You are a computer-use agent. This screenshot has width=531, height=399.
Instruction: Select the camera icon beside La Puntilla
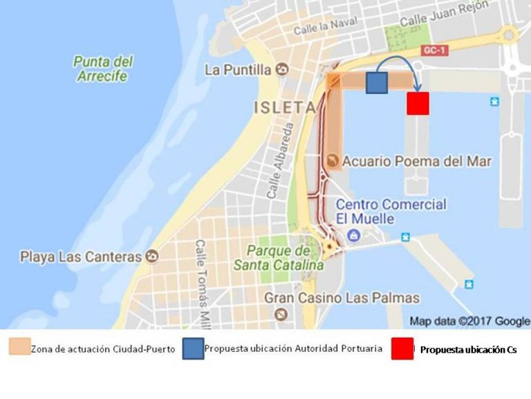[281, 69]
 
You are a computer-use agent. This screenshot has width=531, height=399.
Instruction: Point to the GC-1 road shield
[433, 50]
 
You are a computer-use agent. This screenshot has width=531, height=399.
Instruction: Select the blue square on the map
[376, 83]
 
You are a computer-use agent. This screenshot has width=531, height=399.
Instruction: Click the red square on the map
[418, 103]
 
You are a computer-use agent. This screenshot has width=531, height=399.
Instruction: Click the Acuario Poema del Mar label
[417, 161]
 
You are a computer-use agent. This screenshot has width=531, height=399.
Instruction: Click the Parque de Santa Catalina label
[278, 258]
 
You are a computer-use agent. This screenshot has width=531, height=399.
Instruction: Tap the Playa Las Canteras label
[81, 257]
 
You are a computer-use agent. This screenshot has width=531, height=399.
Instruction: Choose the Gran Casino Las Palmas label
[342, 298]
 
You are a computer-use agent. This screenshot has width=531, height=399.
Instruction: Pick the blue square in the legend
[193, 349]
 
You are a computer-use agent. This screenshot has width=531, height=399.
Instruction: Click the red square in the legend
[402, 349]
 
